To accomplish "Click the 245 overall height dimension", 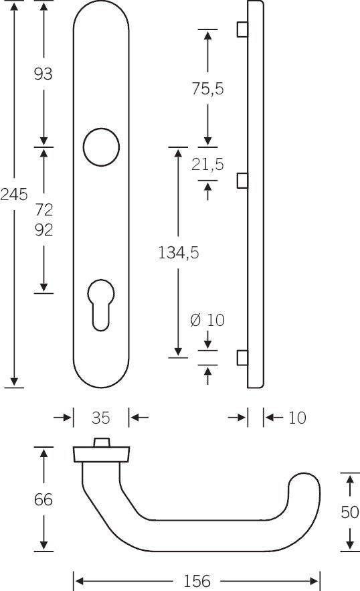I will pyautogui.click(x=13, y=195).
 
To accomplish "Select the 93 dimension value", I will pyautogui.click(x=43, y=74).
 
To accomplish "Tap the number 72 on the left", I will pyautogui.click(x=43, y=210).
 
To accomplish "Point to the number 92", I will pyautogui.click(x=43, y=230).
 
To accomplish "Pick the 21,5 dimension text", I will pyautogui.click(x=207, y=164).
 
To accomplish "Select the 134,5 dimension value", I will pyautogui.click(x=178, y=252).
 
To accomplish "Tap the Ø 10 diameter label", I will pyautogui.click(x=207, y=320).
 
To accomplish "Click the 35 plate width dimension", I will pyautogui.click(x=100, y=418).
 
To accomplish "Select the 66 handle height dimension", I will pyautogui.click(x=43, y=499).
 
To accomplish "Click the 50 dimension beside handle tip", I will pyautogui.click(x=349, y=512).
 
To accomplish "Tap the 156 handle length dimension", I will pyautogui.click(x=197, y=580).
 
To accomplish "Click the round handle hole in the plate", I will pyautogui.click(x=101, y=146).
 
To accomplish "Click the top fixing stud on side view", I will pyautogui.click(x=242, y=30).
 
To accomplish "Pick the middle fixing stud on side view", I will pyautogui.click(x=242, y=180).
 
